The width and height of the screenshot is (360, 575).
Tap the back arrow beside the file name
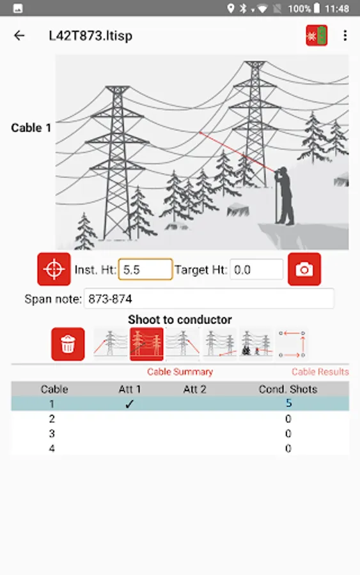coord(19,36)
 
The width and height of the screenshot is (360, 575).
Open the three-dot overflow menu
coord(345,36)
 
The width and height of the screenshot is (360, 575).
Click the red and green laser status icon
coord(317,36)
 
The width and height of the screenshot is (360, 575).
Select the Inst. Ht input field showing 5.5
coord(145,270)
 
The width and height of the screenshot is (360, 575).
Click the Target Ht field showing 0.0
coord(256,270)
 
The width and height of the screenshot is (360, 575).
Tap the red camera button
coord(304,269)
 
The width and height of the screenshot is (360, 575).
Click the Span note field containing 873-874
coord(209,299)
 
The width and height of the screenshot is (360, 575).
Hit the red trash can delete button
coord(68,344)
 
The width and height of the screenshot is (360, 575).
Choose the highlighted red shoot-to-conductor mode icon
coord(146,344)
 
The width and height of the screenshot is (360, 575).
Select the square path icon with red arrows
coord(292,344)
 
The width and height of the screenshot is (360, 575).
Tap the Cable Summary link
coord(180,372)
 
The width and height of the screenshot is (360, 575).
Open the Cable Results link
coord(320,372)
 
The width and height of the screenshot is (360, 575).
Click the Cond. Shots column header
coord(288,389)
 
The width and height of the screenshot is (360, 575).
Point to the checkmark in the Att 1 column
coord(129,404)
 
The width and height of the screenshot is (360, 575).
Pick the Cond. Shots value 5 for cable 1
coord(288,403)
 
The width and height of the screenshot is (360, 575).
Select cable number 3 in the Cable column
coord(52,433)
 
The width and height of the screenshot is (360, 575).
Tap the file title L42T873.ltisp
coord(91,36)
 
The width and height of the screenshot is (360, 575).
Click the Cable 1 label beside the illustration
coord(31,128)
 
